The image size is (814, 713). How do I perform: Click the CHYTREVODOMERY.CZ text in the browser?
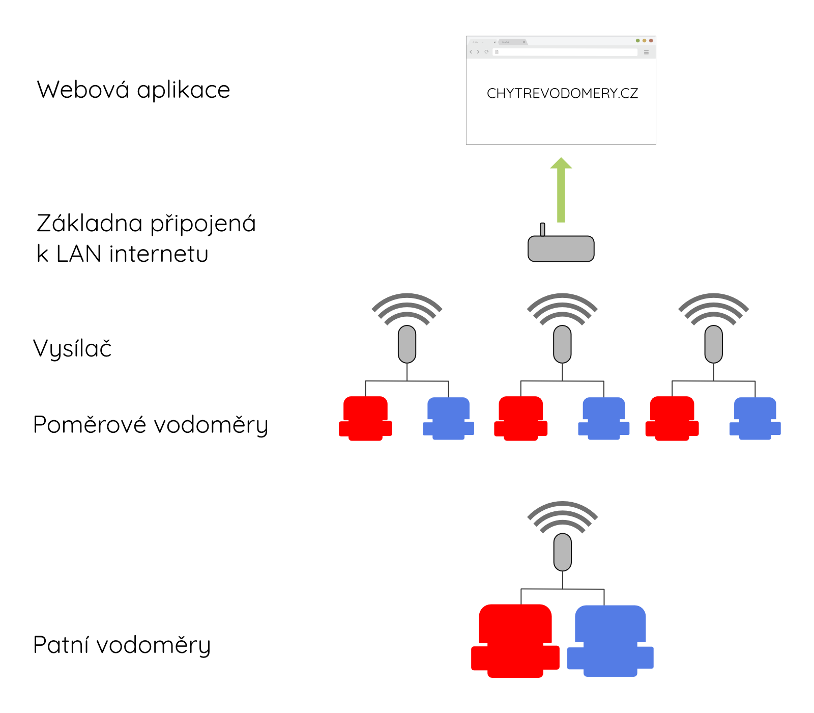562,93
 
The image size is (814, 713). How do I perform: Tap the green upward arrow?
561,190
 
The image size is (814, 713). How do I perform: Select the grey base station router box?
561,249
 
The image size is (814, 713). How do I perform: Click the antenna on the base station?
542,229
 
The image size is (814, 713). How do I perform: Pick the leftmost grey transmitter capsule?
407,344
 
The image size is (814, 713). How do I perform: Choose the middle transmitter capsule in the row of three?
562,344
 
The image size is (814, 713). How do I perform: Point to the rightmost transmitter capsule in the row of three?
714,344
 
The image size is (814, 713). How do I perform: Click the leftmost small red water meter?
365,419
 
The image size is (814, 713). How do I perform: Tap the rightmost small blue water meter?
755,419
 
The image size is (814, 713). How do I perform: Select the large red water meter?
515,641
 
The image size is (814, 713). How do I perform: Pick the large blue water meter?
610,641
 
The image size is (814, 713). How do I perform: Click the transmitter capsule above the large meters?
563,552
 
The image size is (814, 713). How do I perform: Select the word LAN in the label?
79,254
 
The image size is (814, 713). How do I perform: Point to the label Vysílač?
72,349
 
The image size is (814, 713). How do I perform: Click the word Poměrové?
90,425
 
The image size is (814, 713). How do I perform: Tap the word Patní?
61,645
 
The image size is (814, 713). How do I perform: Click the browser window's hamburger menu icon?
646,52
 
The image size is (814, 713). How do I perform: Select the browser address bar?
565,52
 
